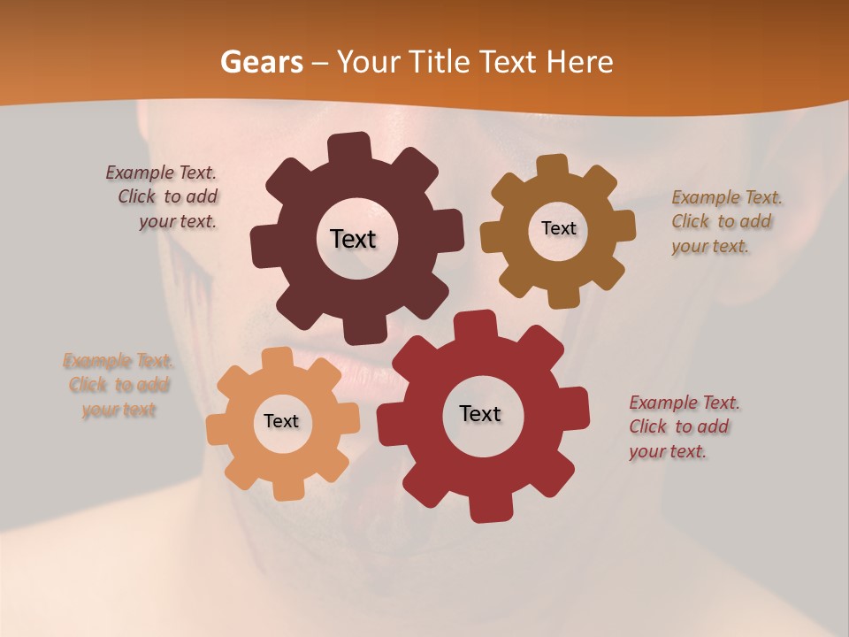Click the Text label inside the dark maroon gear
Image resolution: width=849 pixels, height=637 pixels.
click(353, 239)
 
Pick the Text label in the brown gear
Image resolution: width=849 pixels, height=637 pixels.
click(558, 228)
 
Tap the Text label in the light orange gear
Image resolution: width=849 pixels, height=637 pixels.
click(281, 421)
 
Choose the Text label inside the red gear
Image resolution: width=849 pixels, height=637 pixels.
click(480, 413)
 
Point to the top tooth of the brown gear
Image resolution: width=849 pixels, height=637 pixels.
click(551, 165)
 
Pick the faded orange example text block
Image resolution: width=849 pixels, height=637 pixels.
click(119, 385)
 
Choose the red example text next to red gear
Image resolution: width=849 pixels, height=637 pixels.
click(683, 426)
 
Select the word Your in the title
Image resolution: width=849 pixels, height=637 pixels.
click(371, 63)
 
